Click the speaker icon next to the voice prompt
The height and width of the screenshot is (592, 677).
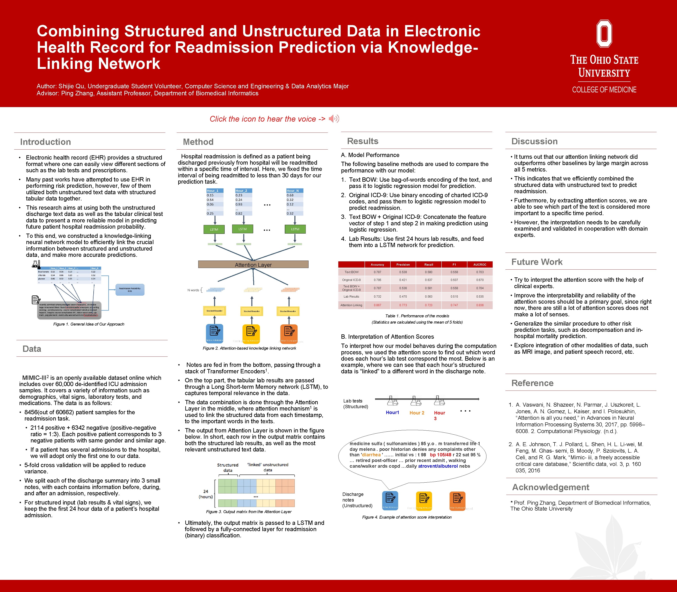334,119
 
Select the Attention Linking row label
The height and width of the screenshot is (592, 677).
351,305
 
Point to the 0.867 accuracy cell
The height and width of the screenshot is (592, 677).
377,305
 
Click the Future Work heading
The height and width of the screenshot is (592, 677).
537,262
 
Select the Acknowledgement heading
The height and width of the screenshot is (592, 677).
550,487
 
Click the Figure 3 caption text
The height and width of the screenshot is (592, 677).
249,512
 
